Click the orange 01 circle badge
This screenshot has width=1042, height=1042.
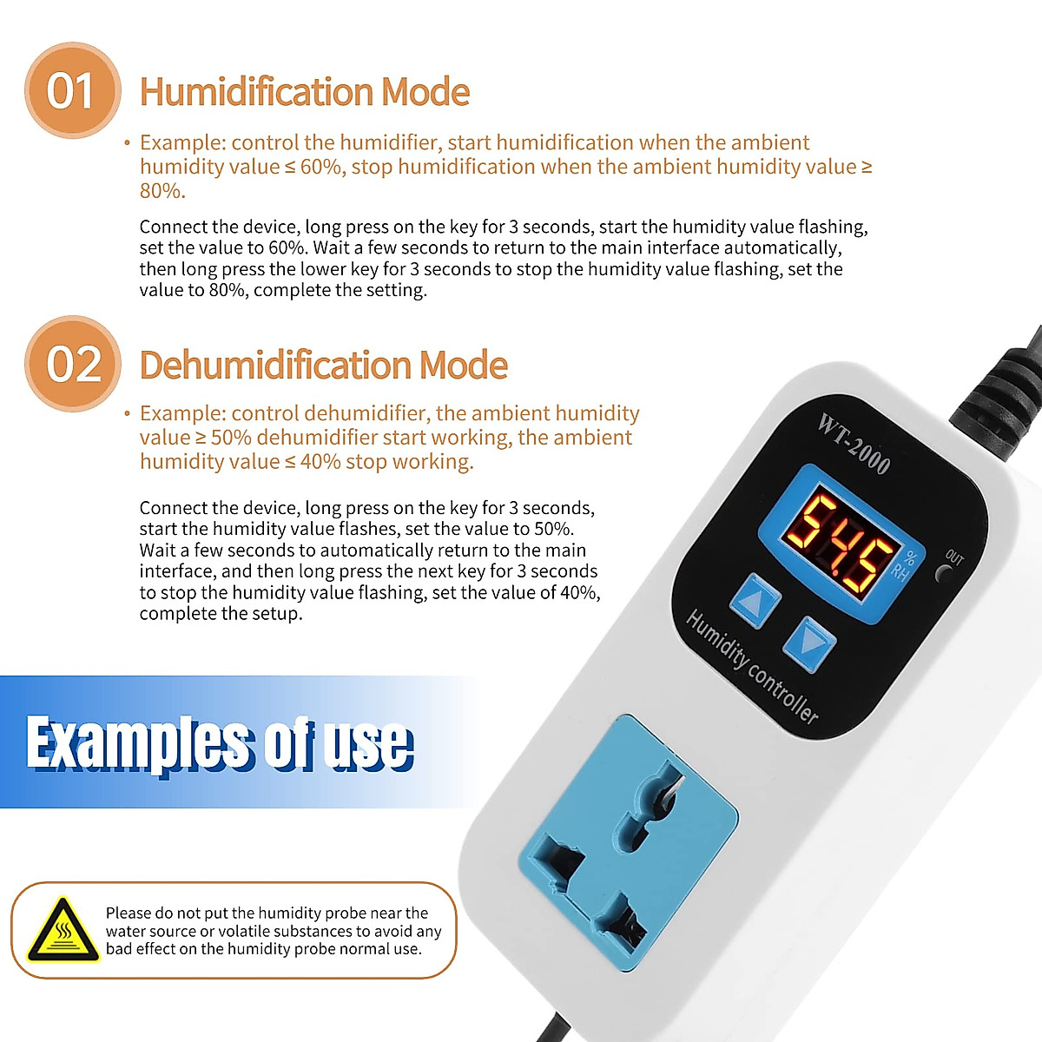pyautogui.click(x=71, y=90)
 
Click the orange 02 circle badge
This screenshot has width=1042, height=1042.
pyautogui.click(x=73, y=364)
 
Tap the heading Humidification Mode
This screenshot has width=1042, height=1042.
pyautogui.click(x=305, y=92)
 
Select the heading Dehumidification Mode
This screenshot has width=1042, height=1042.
pyautogui.click(x=323, y=365)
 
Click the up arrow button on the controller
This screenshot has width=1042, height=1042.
pyautogui.click(x=755, y=600)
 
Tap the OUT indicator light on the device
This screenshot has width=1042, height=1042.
pyautogui.click(x=943, y=573)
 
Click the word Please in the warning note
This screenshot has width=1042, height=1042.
pyautogui.click(x=128, y=913)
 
